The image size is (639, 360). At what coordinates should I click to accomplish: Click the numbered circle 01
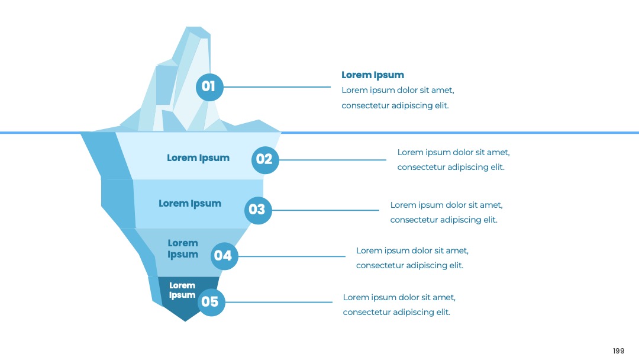click(x=209, y=87)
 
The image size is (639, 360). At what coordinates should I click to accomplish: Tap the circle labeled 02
click(x=265, y=160)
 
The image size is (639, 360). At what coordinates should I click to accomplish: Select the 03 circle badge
click(x=258, y=210)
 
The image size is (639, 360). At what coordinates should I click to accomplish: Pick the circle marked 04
click(x=224, y=256)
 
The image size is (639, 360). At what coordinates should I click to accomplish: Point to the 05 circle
click(x=211, y=302)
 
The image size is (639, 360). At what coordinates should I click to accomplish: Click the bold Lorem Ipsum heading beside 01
click(x=373, y=75)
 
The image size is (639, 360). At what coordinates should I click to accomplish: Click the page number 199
click(x=619, y=351)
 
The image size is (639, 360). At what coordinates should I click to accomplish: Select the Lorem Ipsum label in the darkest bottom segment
click(x=182, y=290)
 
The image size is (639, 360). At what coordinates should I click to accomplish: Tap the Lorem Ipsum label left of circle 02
click(x=198, y=157)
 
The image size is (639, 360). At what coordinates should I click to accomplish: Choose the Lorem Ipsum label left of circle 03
click(x=190, y=204)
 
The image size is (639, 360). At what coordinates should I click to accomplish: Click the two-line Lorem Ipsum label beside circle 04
click(x=183, y=249)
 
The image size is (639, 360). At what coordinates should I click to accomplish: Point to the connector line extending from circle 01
click(x=277, y=87)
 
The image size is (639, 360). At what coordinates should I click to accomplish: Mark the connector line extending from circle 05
click(x=279, y=302)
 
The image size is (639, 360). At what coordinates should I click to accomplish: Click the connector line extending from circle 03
click(x=325, y=210)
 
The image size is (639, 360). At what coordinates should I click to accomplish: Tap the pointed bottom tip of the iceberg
click(x=185, y=322)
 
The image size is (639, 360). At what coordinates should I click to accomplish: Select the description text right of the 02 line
click(x=453, y=159)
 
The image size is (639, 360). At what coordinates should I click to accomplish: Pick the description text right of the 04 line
click(x=412, y=258)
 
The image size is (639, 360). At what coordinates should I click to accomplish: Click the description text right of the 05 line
click(x=399, y=304)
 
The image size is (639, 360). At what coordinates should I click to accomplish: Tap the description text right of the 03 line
click(x=446, y=212)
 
